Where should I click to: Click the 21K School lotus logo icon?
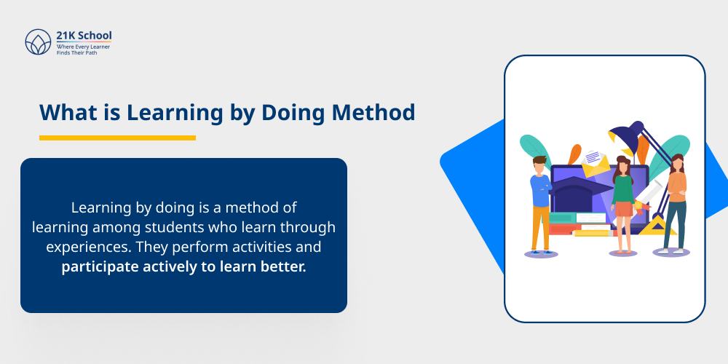tap(38, 42)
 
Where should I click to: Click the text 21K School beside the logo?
tap(84, 36)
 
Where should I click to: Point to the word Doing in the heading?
tap(293, 112)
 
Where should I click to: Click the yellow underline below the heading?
tap(117, 138)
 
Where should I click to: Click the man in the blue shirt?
tap(540, 204)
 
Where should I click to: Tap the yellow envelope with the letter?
tap(595, 162)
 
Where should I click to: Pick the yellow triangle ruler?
tap(660, 226)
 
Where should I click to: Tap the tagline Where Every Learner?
tap(84, 47)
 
